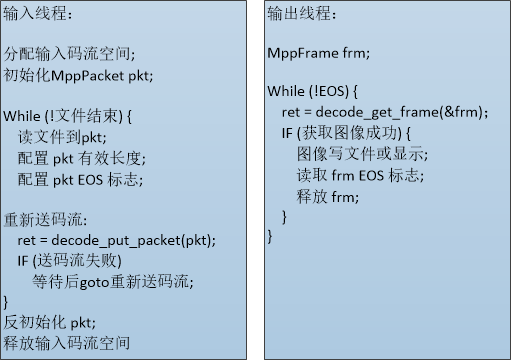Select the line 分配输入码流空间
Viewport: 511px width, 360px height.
tap(69, 53)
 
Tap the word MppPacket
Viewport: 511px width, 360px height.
tap(87, 76)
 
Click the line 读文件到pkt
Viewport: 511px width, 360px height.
tap(62, 137)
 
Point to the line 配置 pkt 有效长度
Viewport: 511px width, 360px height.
tap(82, 158)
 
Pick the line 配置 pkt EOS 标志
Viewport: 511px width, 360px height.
tap(80, 179)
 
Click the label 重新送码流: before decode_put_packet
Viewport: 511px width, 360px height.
tap(45, 220)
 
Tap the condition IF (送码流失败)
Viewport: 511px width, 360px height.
tap(69, 261)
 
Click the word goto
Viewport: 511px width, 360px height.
tap(95, 283)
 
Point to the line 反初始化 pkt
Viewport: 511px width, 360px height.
tap(50, 323)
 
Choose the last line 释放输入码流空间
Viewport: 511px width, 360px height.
tap(67, 343)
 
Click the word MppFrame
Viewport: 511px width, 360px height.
tap(303, 53)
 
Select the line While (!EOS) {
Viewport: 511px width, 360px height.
tap(312, 91)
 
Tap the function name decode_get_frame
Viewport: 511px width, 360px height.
tap(377, 112)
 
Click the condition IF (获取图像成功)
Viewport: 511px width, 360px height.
tap(346, 133)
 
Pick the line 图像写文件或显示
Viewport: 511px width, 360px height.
tap(363, 154)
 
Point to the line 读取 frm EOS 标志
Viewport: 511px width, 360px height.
tap(360, 175)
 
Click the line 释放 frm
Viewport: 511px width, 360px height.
tap(328, 197)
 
